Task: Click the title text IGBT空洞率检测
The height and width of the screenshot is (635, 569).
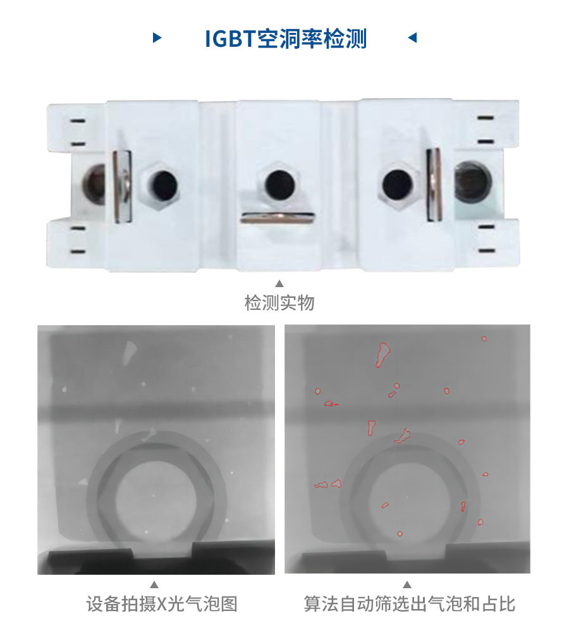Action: pos(286,39)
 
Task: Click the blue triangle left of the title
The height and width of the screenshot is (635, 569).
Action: pos(157,38)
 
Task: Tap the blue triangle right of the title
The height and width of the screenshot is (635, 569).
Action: pos(412,38)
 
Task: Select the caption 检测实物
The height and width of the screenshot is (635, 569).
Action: pos(279,303)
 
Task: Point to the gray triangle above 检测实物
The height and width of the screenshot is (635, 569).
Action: pos(279,284)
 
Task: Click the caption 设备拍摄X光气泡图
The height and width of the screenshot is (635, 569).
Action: pos(162,604)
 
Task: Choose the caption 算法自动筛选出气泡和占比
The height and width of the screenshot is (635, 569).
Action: pos(409,604)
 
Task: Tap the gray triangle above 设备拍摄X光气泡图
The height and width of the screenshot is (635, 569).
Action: pos(154,584)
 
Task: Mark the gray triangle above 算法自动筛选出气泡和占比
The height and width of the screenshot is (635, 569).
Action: pos(407,584)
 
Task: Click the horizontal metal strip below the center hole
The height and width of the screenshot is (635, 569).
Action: pos(278,218)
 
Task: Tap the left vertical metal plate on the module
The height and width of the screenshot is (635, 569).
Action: pos(121,185)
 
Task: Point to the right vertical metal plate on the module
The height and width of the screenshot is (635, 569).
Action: pos(434,185)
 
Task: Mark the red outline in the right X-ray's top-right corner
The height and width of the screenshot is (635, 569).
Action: pos(484,338)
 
